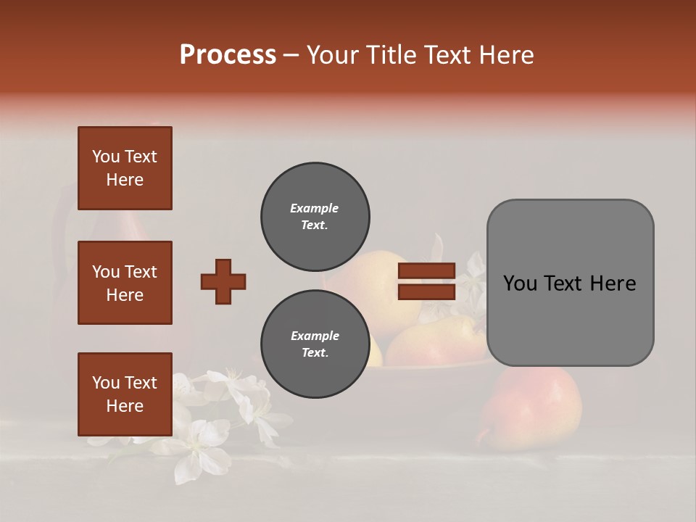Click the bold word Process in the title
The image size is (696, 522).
[x=228, y=54]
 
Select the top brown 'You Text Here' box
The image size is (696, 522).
[x=125, y=168]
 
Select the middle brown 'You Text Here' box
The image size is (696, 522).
[x=125, y=283]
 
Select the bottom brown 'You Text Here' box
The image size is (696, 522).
[x=125, y=394]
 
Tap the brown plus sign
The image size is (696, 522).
[x=223, y=281]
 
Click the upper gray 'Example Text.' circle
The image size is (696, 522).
[x=315, y=217]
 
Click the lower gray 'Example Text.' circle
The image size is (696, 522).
[x=315, y=344]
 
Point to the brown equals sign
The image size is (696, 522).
[x=426, y=281]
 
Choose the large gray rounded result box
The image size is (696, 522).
[x=570, y=282]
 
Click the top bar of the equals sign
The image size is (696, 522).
[x=426, y=271]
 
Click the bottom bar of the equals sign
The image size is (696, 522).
[x=426, y=291]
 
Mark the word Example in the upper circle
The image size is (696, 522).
[x=314, y=208]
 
